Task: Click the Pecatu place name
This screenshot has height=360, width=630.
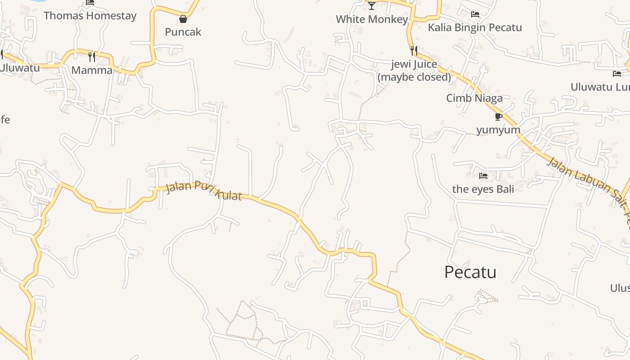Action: pyautogui.click(x=470, y=272)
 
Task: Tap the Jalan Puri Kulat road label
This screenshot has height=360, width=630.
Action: pyautogui.click(x=204, y=191)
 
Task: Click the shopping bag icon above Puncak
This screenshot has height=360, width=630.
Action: pyautogui.click(x=183, y=19)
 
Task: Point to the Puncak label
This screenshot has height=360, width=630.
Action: pyautogui.click(x=183, y=32)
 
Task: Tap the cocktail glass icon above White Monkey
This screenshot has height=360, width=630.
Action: pyautogui.click(x=371, y=6)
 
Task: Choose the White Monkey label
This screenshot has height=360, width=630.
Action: pyautogui.click(x=372, y=19)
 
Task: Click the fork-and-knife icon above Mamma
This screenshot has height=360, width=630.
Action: pyautogui.click(x=92, y=57)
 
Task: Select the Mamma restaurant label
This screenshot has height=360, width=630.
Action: pyautogui.click(x=92, y=70)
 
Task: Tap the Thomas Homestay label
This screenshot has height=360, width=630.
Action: pyautogui.click(x=90, y=16)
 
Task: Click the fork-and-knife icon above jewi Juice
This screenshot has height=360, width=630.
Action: pyautogui.click(x=414, y=50)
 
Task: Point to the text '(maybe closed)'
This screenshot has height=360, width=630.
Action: pyautogui.click(x=414, y=77)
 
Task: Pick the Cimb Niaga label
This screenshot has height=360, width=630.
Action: pyautogui.click(x=474, y=98)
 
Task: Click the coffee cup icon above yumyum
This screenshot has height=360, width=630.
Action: pyautogui.click(x=498, y=117)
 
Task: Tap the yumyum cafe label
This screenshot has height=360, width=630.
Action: pyautogui.click(x=498, y=130)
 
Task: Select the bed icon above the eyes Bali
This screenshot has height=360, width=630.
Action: pyautogui.click(x=483, y=175)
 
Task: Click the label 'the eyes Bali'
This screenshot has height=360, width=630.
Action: pyautogui.click(x=483, y=189)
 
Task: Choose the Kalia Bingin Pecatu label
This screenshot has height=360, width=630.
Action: pyautogui.click(x=475, y=27)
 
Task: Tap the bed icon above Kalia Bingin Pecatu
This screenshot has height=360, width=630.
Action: pyautogui.click(x=475, y=14)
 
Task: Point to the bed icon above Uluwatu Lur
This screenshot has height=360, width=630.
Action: pyautogui.click(x=616, y=74)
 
